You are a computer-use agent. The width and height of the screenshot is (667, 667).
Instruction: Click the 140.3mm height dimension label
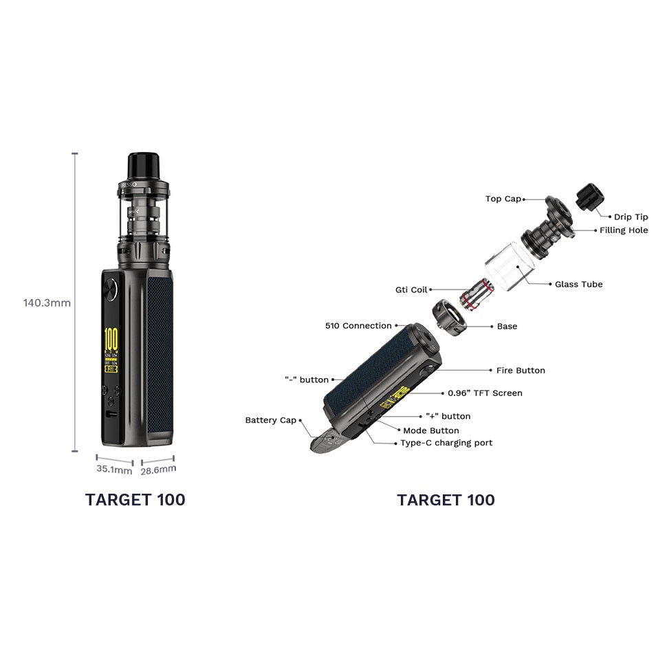coord(47,303)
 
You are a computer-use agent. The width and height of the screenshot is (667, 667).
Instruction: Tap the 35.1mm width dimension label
coord(114,470)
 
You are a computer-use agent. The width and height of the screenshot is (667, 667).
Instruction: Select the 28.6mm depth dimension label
coord(158,470)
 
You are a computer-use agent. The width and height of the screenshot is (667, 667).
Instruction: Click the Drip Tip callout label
coord(631,217)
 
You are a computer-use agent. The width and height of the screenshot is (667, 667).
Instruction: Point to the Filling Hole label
coord(624,230)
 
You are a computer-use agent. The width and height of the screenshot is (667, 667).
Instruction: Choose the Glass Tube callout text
coord(578,284)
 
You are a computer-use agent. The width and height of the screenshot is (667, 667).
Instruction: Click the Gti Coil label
coord(411,290)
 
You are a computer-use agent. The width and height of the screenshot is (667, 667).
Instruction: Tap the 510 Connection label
coord(358,326)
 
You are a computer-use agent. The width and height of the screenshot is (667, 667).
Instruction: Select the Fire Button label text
coord(521,371)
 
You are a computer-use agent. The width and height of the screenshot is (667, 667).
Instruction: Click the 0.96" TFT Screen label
coord(485,393)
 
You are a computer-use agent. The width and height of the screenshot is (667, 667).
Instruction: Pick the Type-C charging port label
coord(446,443)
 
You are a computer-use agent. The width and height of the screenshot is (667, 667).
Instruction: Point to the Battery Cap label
coord(270,420)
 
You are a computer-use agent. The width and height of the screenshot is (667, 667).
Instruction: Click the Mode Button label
coord(430,430)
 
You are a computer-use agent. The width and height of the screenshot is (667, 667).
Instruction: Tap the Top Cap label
coord(503,199)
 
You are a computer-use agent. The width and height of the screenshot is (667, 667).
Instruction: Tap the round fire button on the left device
coord(110,289)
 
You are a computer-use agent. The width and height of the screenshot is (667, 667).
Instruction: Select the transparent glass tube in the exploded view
coord(510,264)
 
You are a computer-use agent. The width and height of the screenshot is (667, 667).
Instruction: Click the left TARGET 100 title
coord(135,500)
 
